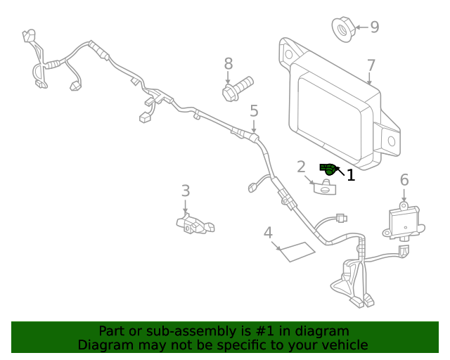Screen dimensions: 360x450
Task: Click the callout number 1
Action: tap(351, 175)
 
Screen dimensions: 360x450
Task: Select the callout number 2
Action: tap(301, 167)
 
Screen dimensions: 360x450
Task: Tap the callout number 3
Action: tap(185, 191)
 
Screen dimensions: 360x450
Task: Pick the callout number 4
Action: tap(268, 233)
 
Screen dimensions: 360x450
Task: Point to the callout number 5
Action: tap(254, 110)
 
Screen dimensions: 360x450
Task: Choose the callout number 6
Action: tap(404, 180)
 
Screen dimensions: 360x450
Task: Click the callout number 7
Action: tap(371, 66)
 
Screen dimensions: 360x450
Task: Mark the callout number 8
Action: tap(229, 64)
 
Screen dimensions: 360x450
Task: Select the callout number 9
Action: tap(374, 27)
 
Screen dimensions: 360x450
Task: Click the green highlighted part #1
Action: tap(328, 168)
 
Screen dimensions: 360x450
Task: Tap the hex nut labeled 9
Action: tap(342, 29)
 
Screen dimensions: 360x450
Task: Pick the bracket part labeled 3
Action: tap(193, 224)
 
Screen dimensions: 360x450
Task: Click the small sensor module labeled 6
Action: tap(404, 220)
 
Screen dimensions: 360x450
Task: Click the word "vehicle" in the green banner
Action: tap(343, 345)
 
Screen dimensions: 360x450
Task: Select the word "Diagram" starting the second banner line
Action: tap(105, 345)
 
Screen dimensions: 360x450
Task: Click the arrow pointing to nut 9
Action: tap(359, 28)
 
